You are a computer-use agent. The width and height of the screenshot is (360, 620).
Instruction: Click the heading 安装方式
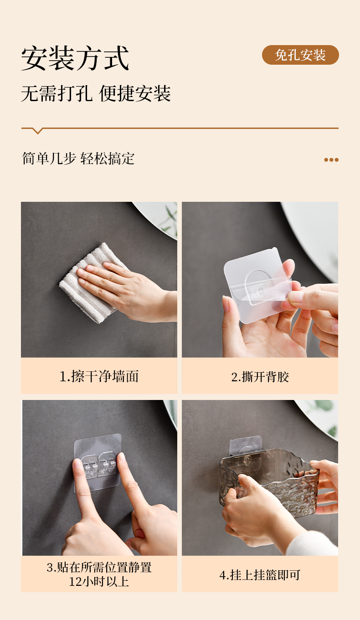tap(75, 58)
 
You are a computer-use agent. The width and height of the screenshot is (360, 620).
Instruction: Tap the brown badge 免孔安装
tap(300, 55)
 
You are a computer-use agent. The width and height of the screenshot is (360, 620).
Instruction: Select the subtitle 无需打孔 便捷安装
tap(96, 93)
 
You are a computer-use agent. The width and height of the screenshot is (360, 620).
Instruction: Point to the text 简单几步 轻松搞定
tap(78, 159)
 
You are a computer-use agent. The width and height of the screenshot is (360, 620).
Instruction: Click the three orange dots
tap(331, 160)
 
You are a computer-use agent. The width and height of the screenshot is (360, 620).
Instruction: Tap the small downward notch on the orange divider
tap(37, 131)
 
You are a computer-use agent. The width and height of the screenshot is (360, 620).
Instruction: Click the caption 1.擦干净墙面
tap(99, 376)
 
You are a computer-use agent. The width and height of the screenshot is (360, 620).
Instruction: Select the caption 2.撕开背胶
tap(260, 377)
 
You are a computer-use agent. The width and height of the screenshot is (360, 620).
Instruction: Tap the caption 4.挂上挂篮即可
tap(260, 575)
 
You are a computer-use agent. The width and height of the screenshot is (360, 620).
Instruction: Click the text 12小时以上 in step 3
tap(99, 582)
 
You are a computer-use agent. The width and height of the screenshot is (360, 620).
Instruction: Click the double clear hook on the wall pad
tap(98, 465)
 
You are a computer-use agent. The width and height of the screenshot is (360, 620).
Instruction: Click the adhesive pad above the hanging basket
tap(246, 446)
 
